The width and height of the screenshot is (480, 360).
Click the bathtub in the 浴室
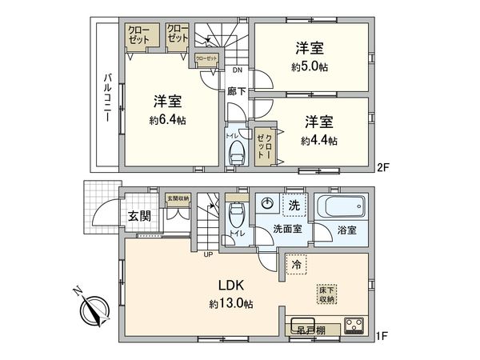(342, 207)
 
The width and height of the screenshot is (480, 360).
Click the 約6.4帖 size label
(167, 121)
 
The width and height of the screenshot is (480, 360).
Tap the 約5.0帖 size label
(310, 66)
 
